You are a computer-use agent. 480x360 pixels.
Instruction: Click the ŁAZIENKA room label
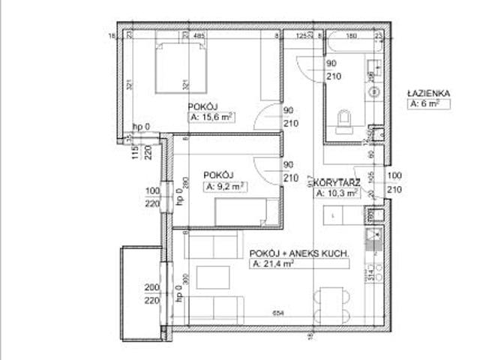[427, 93]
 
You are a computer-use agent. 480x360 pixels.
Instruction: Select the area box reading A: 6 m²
[428, 105]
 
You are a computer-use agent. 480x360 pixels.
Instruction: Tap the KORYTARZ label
[339, 181]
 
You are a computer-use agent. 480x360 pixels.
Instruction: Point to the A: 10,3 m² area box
[337, 193]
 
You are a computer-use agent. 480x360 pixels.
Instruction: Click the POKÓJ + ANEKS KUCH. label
[299, 254]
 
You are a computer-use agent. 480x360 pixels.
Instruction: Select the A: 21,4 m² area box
[273, 265]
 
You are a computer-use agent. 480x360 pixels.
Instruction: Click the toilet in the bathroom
[345, 121]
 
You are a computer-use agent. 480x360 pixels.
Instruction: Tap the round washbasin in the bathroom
[372, 92]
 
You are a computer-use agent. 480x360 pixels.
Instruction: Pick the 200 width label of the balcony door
[153, 288]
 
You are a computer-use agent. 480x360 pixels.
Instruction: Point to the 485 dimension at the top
[199, 34]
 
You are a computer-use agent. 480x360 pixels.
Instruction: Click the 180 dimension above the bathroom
[351, 34]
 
